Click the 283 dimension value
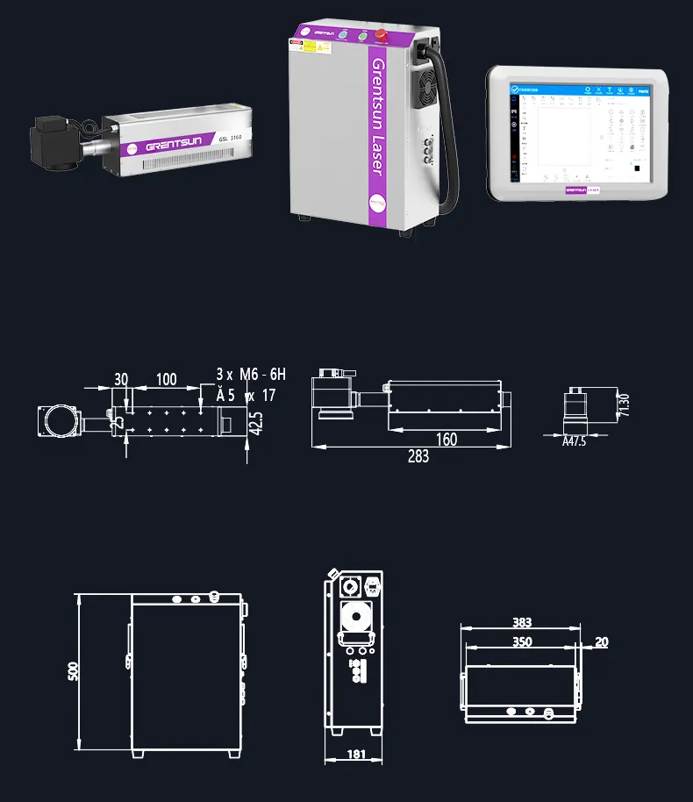click(x=418, y=456)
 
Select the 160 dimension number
click(x=447, y=440)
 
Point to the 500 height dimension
click(x=74, y=670)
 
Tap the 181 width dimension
click(x=357, y=753)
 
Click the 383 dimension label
click(x=521, y=623)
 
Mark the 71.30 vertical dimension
click(x=625, y=406)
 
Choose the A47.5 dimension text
click(x=574, y=442)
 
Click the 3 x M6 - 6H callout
click(x=251, y=375)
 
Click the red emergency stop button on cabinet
click(x=382, y=36)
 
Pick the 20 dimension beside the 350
click(x=601, y=642)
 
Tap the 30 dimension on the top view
click(x=121, y=380)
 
